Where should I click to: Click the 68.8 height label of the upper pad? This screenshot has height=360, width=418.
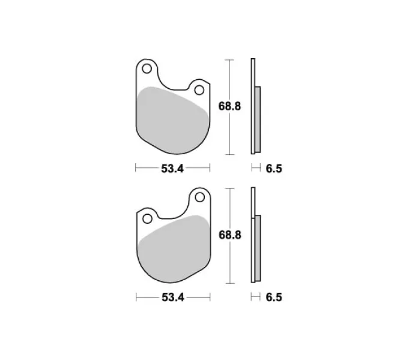229,106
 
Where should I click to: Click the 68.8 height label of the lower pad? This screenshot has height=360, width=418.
230,235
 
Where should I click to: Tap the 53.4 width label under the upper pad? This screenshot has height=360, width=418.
172,169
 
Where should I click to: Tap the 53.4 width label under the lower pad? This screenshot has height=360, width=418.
173,298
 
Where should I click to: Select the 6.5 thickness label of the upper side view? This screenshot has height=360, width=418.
274,169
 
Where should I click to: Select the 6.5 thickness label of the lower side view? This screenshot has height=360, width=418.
274,298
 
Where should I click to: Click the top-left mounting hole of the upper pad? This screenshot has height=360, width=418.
147,68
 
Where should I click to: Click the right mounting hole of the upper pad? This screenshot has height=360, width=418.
199,90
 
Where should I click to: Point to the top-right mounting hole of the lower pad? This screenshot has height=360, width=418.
199,197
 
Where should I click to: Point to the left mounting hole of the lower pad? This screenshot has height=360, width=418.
147,219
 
